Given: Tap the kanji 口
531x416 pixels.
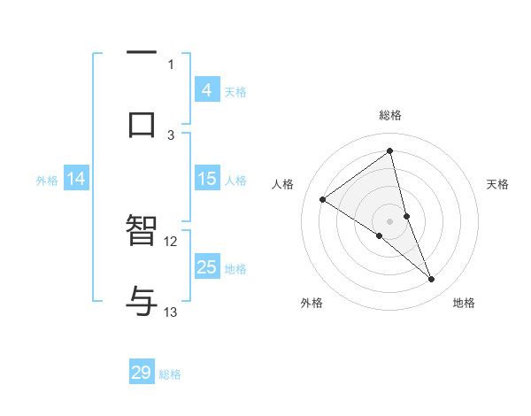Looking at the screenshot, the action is pyautogui.click(x=142, y=124).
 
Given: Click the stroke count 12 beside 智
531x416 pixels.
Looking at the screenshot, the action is pyautogui.click(x=171, y=241).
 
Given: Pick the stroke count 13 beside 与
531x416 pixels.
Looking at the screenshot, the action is pyautogui.click(x=171, y=312).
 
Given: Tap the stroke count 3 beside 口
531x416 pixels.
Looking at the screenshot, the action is pyautogui.click(x=171, y=135).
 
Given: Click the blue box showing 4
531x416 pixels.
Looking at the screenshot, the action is pyautogui.click(x=206, y=89).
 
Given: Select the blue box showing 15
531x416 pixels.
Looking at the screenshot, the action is pyautogui.click(x=206, y=179).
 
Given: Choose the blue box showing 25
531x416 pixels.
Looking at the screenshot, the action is pyautogui.click(x=206, y=267).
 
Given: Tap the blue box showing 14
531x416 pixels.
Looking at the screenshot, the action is pyautogui.click(x=76, y=179).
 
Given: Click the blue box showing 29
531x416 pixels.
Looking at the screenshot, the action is pyautogui.click(x=142, y=373).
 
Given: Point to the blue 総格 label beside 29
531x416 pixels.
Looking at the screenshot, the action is pyautogui.click(x=170, y=374).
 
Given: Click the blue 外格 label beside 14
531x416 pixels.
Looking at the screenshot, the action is pyautogui.click(x=47, y=181).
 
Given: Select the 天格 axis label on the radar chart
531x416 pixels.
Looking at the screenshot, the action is pyautogui.click(x=497, y=184).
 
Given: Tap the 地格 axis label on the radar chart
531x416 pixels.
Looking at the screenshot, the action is pyautogui.click(x=464, y=303).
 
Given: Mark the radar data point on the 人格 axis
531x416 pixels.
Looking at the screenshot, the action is pyautogui.click(x=322, y=200).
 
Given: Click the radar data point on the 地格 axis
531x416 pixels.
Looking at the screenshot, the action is pyautogui.click(x=432, y=280).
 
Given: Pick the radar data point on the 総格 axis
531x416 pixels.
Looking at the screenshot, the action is pyautogui.click(x=389, y=150).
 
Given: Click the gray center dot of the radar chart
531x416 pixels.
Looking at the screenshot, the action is pyautogui.click(x=389, y=220).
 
